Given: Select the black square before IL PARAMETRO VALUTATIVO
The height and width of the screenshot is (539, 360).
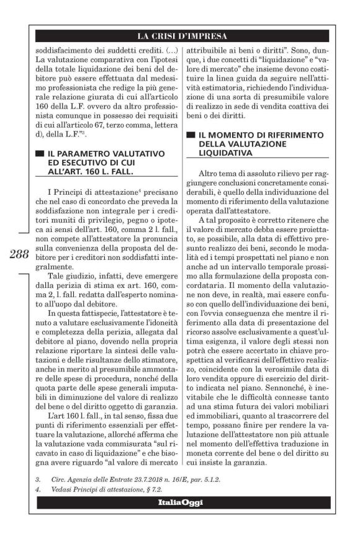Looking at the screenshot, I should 40,153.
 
